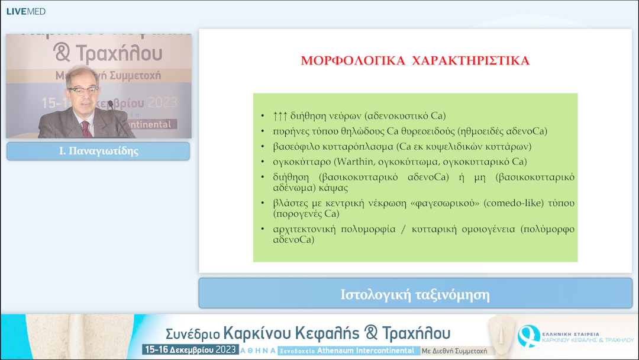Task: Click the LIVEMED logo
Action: pos(25,11)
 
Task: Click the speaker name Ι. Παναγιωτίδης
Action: pos(98,151)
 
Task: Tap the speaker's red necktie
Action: pos(87,128)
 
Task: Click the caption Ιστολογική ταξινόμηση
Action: pos(415,294)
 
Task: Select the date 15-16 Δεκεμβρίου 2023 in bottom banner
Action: pos(190,350)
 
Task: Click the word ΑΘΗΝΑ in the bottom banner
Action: pos(258,351)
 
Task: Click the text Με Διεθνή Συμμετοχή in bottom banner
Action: pos(454,351)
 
